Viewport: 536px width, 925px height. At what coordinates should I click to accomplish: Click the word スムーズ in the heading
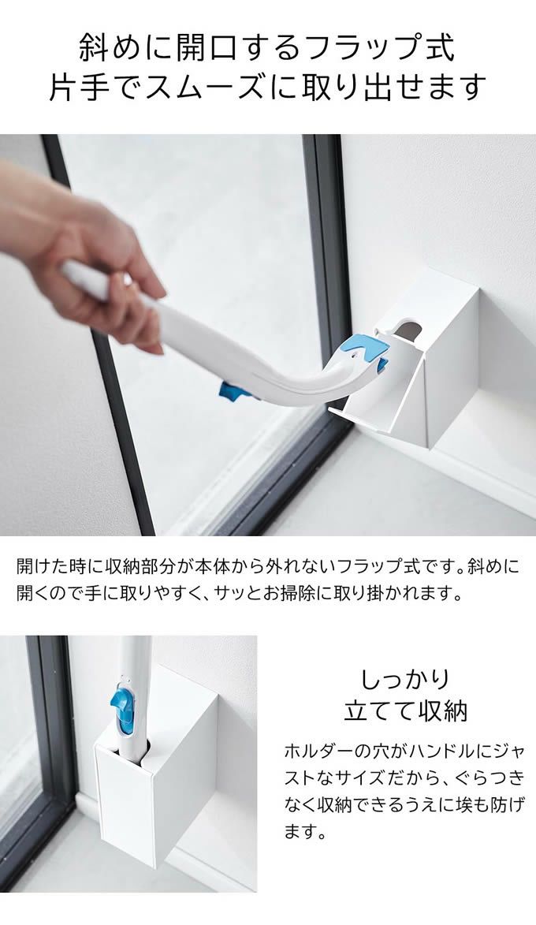(213, 87)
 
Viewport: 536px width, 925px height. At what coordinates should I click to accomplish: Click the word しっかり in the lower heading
(405, 678)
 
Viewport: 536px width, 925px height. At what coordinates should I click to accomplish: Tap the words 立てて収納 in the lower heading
(405, 711)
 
